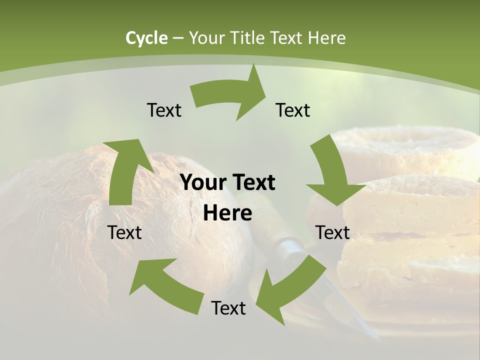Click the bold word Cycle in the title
[146, 38]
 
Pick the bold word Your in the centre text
[204, 183]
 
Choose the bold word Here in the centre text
[227, 213]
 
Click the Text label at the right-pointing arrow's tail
[164, 110]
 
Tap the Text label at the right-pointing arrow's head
[293, 110]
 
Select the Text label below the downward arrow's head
[332, 232]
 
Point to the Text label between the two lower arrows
[228, 308]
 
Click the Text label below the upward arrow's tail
[124, 232]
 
